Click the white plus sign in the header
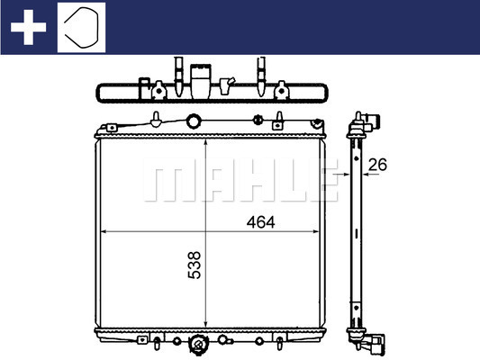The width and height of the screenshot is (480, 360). click(x=28, y=27)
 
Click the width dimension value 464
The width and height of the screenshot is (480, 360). click(x=260, y=222)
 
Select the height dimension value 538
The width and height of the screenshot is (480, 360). click(x=195, y=265)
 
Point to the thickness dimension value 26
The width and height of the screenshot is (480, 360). click(x=377, y=165)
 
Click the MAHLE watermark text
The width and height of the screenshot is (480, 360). click(x=240, y=180)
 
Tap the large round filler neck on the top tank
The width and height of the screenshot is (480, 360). click(x=193, y=121)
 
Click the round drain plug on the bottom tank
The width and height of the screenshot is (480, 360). click(x=198, y=345)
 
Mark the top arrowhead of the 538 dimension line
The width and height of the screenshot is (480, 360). click(x=206, y=143)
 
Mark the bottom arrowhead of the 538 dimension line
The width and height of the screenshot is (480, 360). click(x=206, y=323)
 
